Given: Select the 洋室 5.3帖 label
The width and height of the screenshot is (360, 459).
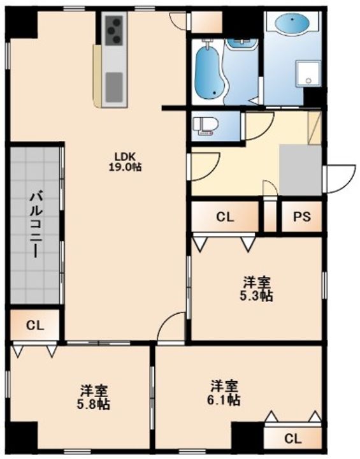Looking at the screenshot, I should (x=257, y=289).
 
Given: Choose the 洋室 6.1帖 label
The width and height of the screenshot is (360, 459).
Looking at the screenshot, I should (x=226, y=393).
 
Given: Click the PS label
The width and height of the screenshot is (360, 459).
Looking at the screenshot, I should (x=302, y=217).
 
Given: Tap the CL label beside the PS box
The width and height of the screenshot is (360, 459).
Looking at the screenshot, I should (x=225, y=217).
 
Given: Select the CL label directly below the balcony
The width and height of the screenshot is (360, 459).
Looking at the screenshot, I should (x=35, y=325).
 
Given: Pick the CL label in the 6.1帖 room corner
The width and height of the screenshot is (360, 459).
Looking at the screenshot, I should (x=292, y=439).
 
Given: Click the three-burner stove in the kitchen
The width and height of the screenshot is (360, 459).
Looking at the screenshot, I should (x=115, y=31).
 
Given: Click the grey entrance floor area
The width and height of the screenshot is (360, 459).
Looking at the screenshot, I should (x=300, y=170).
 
